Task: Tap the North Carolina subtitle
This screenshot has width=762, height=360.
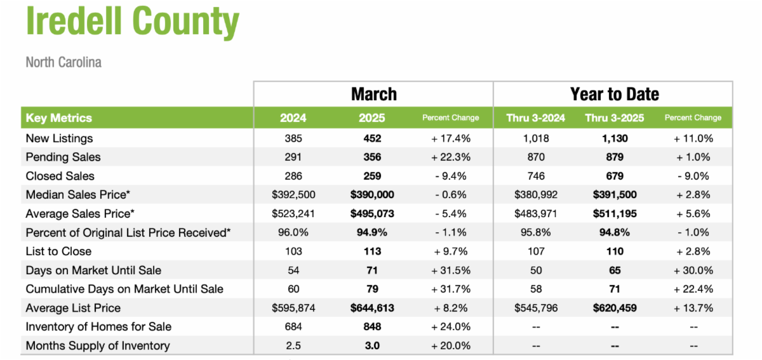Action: pos(63,62)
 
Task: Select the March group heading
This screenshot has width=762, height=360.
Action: pos(374,95)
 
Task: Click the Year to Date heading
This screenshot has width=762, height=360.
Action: pos(614,95)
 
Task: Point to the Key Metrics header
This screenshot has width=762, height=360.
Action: pos(58,117)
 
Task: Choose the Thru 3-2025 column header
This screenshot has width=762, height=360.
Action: pos(614,117)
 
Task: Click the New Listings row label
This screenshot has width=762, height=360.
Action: pos(59,138)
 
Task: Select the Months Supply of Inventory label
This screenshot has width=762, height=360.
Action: pos(98,346)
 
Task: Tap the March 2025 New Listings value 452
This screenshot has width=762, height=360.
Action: pos(372,138)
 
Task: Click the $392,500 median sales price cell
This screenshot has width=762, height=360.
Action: pos(293,195)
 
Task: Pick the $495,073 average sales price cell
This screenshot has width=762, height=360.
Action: pos(372,214)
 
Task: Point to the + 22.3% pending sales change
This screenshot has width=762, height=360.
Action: pos(451,157)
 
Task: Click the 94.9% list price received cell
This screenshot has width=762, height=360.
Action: pos(372,232)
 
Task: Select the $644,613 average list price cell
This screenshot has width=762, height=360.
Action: pos(372,308)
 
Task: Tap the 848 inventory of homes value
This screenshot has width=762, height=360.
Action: pos(372,327)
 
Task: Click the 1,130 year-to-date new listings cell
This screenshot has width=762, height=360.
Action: pos(614,138)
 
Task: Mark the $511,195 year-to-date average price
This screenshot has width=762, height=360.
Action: pos(614,214)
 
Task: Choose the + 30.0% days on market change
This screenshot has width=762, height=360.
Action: pos(693,270)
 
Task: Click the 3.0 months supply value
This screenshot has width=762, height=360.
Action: pos(372,346)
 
